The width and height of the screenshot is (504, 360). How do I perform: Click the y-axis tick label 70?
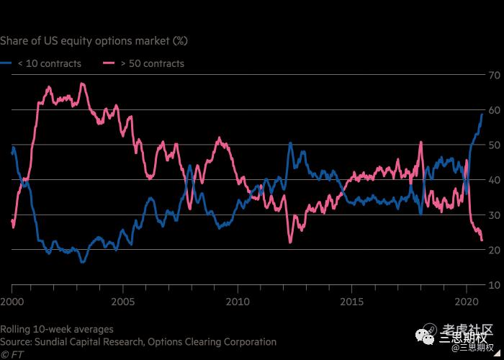[495, 75]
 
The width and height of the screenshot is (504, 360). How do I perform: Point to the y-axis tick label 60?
[495, 110]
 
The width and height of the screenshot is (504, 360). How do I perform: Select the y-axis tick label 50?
[495, 145]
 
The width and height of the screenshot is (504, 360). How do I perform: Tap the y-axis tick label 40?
[495, 180]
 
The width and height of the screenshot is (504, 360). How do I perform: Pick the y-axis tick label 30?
[495, 215]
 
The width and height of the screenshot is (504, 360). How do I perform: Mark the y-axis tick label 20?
[495, 250]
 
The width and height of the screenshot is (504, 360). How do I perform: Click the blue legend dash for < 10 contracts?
[6, 63]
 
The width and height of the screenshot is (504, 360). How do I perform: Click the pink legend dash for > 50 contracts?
[109, 63]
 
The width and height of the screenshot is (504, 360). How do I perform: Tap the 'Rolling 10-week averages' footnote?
[57, 329]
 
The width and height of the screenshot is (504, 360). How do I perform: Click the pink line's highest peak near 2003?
[82, 83]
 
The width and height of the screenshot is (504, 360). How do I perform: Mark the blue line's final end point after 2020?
[482, 114]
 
